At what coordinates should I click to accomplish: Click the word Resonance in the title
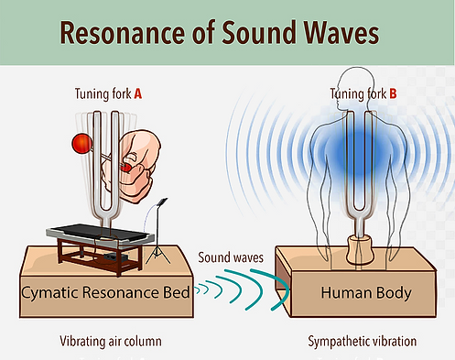point(123,32)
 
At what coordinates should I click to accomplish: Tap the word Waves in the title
point(341,32)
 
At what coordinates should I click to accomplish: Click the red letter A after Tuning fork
point(138,93)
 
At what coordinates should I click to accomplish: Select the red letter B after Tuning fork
point(393,93)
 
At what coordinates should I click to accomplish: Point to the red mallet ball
point(81,143)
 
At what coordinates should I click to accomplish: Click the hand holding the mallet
point(135,166)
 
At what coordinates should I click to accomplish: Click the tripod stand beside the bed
point(158,232)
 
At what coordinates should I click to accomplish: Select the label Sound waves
point(231,257)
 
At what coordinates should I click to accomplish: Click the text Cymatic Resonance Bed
point(105,292)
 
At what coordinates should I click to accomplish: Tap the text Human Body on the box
point(366,292)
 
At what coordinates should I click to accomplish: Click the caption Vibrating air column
point(111,342)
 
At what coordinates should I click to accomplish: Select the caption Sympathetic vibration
point(363,342)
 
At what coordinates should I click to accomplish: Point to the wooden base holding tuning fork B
point(360,250)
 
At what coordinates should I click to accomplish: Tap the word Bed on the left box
point(177,292)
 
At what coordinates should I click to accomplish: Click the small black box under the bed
point(114,257)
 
